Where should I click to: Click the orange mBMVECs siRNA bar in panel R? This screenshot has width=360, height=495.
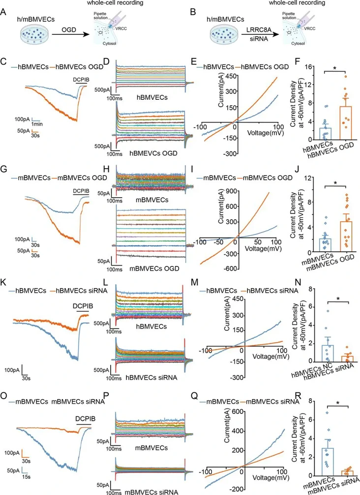coord(333,472)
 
